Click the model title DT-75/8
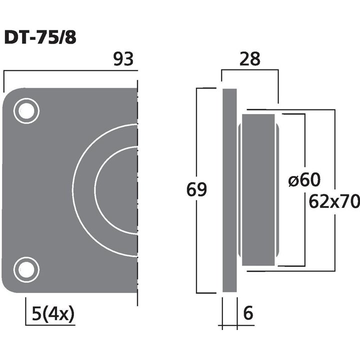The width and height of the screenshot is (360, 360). click(x=40, y=37)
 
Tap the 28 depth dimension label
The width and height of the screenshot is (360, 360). click(x=250, y=59)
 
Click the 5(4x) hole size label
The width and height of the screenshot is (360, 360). click(x=52, y=314)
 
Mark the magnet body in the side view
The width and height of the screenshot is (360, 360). click(x=257, y=190)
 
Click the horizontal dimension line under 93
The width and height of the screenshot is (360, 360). click(x=70, y=71)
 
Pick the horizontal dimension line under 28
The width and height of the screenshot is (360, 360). click(x=250, y=71)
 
